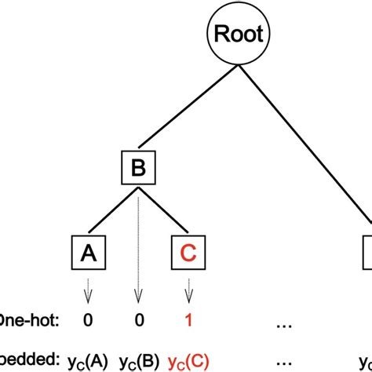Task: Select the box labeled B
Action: tap(137, 167)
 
